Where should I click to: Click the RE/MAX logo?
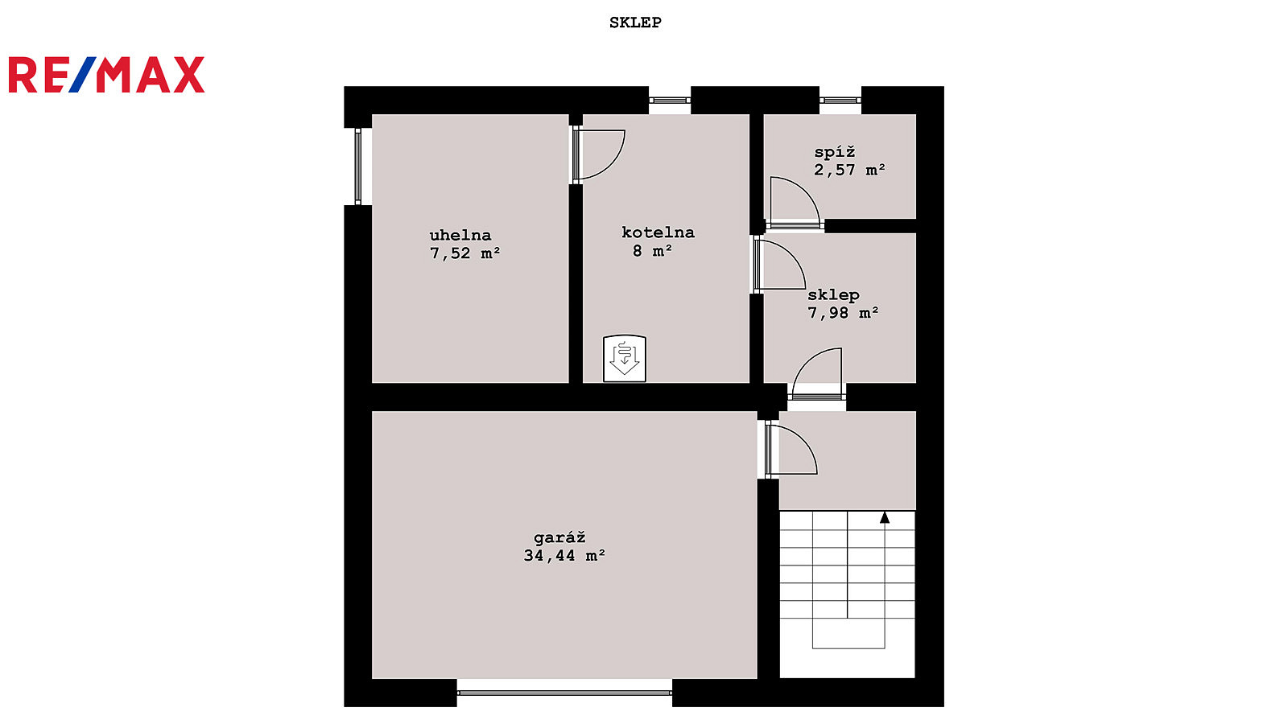click(106, 75)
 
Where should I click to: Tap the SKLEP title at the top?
click(635, 23)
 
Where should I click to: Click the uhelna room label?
click(460, 235)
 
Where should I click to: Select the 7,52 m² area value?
click(465, 253)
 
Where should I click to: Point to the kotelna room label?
click(658, 232)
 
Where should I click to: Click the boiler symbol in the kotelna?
click(625, 358)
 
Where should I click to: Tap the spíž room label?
click(835, 152)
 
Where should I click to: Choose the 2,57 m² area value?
click(849, 170)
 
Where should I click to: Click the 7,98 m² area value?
click(843, 313)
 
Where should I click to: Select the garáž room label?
click(559, 538)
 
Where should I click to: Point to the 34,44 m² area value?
click(564, 556)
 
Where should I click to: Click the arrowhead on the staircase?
click(885, 518)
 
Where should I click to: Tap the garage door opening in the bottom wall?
click(564, 693)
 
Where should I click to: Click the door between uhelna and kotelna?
click(598, 155)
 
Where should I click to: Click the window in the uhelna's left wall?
click(357, 167)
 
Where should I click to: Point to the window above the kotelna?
click(670, 101)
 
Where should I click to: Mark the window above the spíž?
click(840, 101)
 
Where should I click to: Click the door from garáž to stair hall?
click(791, 450)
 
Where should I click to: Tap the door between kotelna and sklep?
click(780, 265)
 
